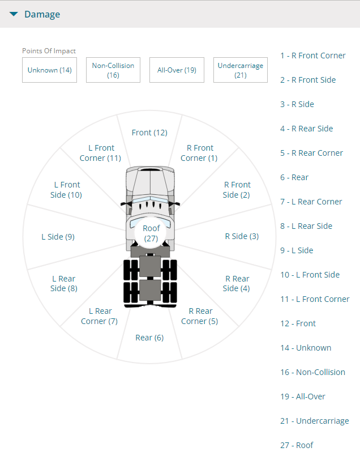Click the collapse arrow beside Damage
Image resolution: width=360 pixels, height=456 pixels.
tap(14, 14)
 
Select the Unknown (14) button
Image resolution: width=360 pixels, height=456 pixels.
tap(49, 70)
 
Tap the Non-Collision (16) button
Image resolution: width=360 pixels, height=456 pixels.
tap(113, 70)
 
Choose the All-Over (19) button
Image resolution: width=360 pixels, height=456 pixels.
tap(177, 70)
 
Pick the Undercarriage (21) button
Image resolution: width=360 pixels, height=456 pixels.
tap(241, 70)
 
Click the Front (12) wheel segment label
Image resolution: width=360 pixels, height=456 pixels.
tap(149, 133)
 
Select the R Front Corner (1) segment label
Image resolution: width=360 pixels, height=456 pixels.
tap(199, 153)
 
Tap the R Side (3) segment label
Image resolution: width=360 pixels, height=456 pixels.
tap(242, 236)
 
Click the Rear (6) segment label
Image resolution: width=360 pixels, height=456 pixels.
tap(149, 338)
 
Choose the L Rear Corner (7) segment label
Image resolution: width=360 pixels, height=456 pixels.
tap(100, 316)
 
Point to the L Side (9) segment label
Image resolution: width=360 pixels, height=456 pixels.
tap(58, 237)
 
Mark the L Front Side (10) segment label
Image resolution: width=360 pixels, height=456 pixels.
tap(66, 190)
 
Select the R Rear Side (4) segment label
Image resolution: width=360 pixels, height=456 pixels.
tap(237, 284)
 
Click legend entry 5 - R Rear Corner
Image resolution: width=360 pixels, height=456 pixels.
tap(311, 153)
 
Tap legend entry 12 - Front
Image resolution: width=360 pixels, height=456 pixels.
tap(298, 323)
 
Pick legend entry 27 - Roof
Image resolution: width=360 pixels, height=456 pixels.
tap(297, 445)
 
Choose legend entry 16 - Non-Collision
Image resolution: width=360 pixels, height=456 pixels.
tap(312, 372)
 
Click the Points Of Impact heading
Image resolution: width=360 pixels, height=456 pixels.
tap(49, 51)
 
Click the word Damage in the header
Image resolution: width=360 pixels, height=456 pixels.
tap(42, 15)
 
